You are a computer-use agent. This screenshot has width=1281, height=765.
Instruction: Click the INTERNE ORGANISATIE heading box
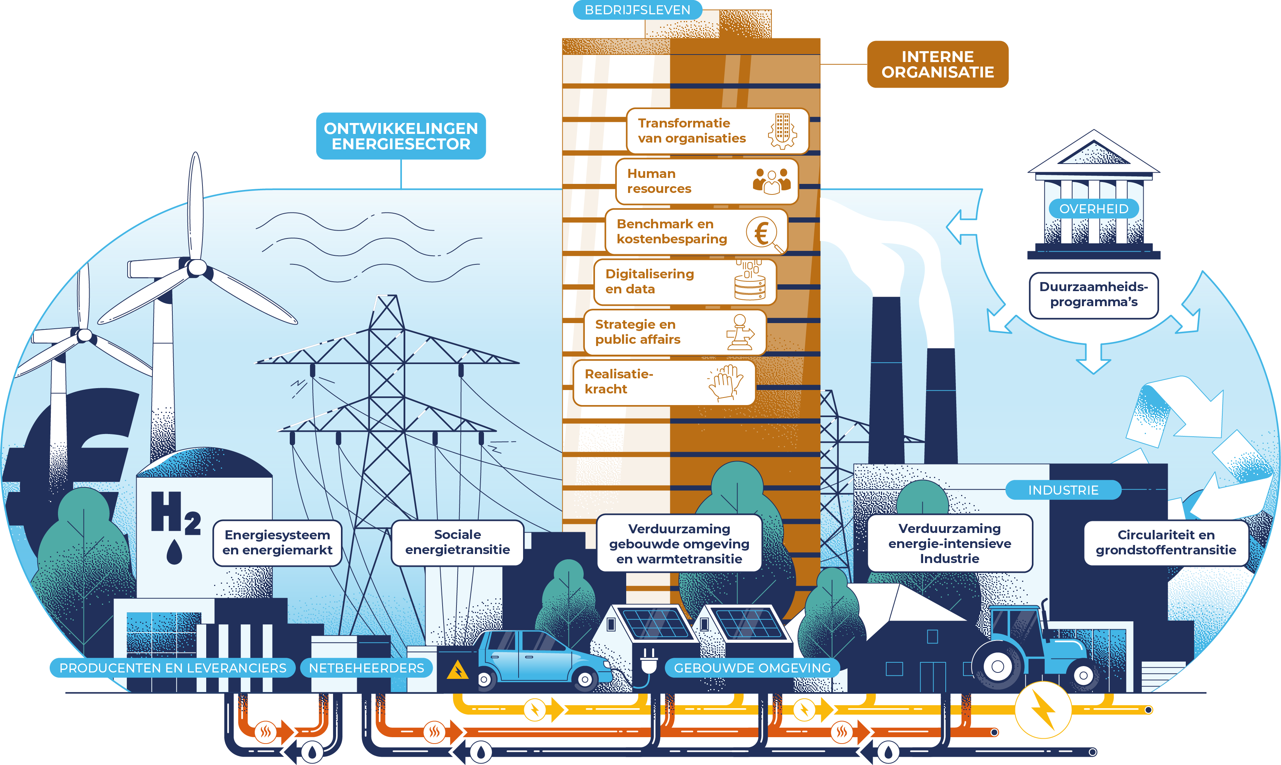[937, 64]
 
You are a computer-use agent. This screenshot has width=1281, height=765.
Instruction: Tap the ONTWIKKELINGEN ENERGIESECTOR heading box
[401, 136]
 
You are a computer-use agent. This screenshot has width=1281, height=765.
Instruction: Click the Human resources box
[706, 181]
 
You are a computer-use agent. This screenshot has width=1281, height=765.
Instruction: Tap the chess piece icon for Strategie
[740, 332]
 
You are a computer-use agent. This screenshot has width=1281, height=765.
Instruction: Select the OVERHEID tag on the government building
[1093, 209]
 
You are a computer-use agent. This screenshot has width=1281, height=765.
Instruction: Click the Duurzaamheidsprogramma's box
[1093, 295]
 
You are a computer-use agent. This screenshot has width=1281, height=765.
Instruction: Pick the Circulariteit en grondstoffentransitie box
[1165, 543]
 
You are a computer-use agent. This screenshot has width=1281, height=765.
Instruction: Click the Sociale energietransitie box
[458, 543]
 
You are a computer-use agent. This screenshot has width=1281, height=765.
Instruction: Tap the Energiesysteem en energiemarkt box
[277, 543]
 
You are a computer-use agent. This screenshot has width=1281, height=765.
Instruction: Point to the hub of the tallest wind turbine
[197, 267]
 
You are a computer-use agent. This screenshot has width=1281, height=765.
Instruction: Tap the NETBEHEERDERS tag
[366, 668]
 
